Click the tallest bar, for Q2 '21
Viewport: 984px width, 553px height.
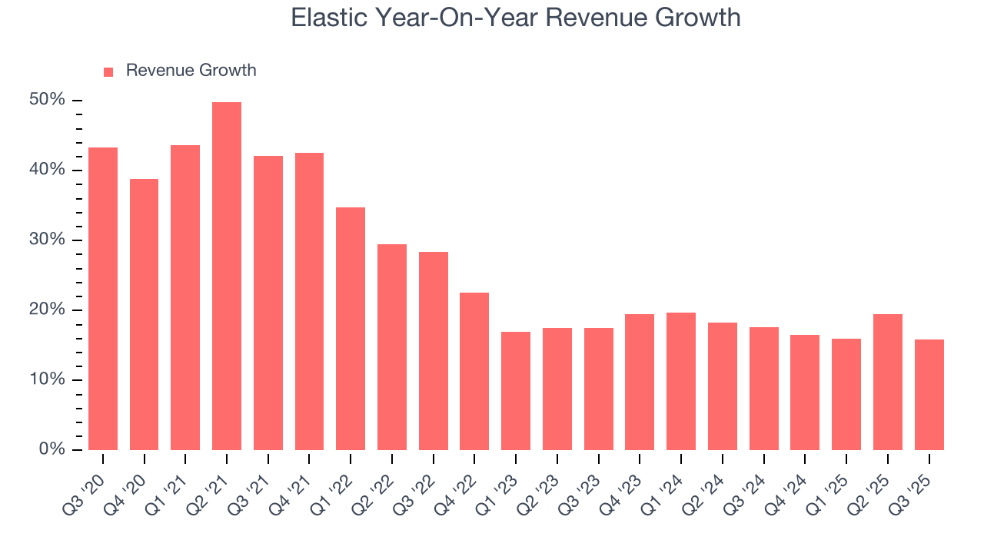(227, 276)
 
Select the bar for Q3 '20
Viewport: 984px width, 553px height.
(103, 299)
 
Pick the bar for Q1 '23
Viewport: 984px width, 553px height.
(516, 391)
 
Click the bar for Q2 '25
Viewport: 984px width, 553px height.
(887, 382)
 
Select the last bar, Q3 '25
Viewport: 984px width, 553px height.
(929, 395)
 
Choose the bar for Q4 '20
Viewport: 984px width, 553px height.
(144, 314)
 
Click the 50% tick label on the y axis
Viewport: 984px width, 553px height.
(47, 101)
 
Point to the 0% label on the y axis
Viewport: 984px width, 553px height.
(52, 449)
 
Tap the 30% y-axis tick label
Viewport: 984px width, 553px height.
(47, 240)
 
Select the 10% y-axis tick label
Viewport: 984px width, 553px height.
(47, 380)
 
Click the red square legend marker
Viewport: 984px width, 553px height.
(108, 71)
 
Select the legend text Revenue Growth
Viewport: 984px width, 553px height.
(191, 71)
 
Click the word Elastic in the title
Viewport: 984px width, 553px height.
(328, 18)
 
